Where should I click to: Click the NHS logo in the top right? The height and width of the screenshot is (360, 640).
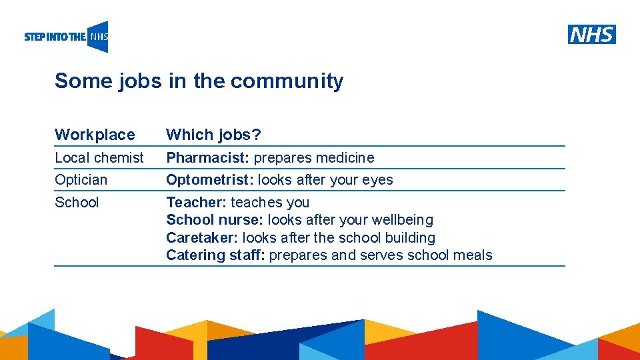tap(591, 34)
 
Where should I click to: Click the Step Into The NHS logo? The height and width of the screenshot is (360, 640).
tap(66, 37)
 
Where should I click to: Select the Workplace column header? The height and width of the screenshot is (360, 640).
tap(95, 135)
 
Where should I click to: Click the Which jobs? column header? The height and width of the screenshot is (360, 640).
tap(213, 135)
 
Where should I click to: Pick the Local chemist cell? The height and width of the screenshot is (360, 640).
tap(99, 158)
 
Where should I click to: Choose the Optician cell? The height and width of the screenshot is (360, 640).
tap(81, 180)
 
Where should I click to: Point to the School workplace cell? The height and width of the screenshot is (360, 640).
tap(77, 203)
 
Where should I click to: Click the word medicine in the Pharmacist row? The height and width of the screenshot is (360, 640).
tap(343, 158)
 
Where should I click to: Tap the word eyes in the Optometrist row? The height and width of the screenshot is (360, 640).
tap(377, 180)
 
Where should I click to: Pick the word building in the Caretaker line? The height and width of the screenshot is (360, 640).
tap(410, 238)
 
